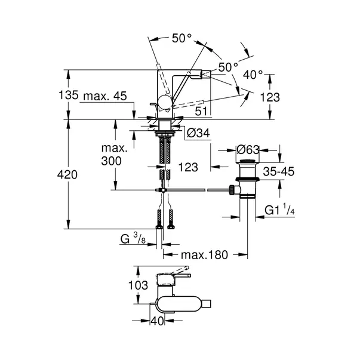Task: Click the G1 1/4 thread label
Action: (x=282, y=210)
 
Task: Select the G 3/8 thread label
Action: (x=133, y=239)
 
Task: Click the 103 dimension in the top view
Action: (x=138, y=286)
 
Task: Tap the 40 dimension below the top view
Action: (x=157, y=321)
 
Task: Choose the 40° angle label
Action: (x=254, y=75)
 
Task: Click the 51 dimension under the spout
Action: (x=202, y=110)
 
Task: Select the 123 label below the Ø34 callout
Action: (x=188, y=168)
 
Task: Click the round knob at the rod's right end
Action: (x=230, y=191)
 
